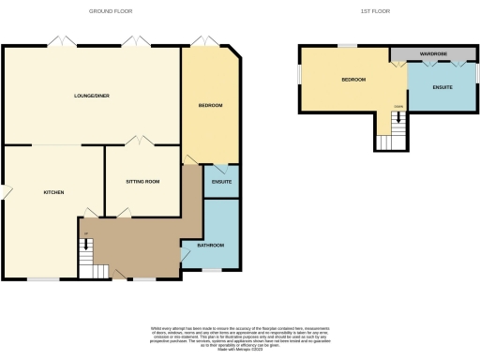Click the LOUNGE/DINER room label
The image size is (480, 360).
click(x=91, y=96)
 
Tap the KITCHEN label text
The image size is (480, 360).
click(x=53, y=192)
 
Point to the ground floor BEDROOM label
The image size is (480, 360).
click(x=210, y=105)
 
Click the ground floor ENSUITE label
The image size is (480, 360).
click(x=222, y=181)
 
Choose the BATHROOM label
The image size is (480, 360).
click(x=211, y=245)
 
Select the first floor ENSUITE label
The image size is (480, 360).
click(x=442, y=87)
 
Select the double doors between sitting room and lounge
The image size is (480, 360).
click(x=140, y=142)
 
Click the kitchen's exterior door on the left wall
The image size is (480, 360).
click(x=5, y=193)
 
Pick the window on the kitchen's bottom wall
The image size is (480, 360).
click(x=41, y=279)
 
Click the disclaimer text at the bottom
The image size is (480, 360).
click(x=239, y=336)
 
